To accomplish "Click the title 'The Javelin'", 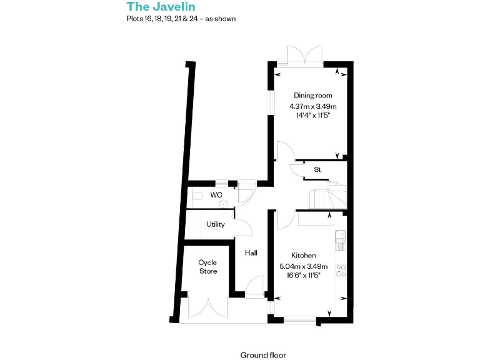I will (x=152, y=7).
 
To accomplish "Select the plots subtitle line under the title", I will (x=181, y=19).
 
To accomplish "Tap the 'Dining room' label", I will (x=313, y=96).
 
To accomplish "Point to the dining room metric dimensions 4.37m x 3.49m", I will (x=313, y=106).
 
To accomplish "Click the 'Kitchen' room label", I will (x=304, y=256).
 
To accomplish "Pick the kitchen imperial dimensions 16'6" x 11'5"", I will (x=304, y=276).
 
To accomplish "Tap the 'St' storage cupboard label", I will (x=317, y=169).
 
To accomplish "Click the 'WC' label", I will (x=216, y=195).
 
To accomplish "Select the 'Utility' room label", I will (x=216, y=224).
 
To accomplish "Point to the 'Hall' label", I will (x=251, y=253).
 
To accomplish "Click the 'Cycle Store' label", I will (x=208, y=267).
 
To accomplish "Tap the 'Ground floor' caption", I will (x=263, y=355).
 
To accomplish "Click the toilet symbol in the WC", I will (x=197, y=196).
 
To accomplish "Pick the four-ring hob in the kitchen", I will (x=341, y=271).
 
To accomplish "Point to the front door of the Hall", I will (x=254, y=289).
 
